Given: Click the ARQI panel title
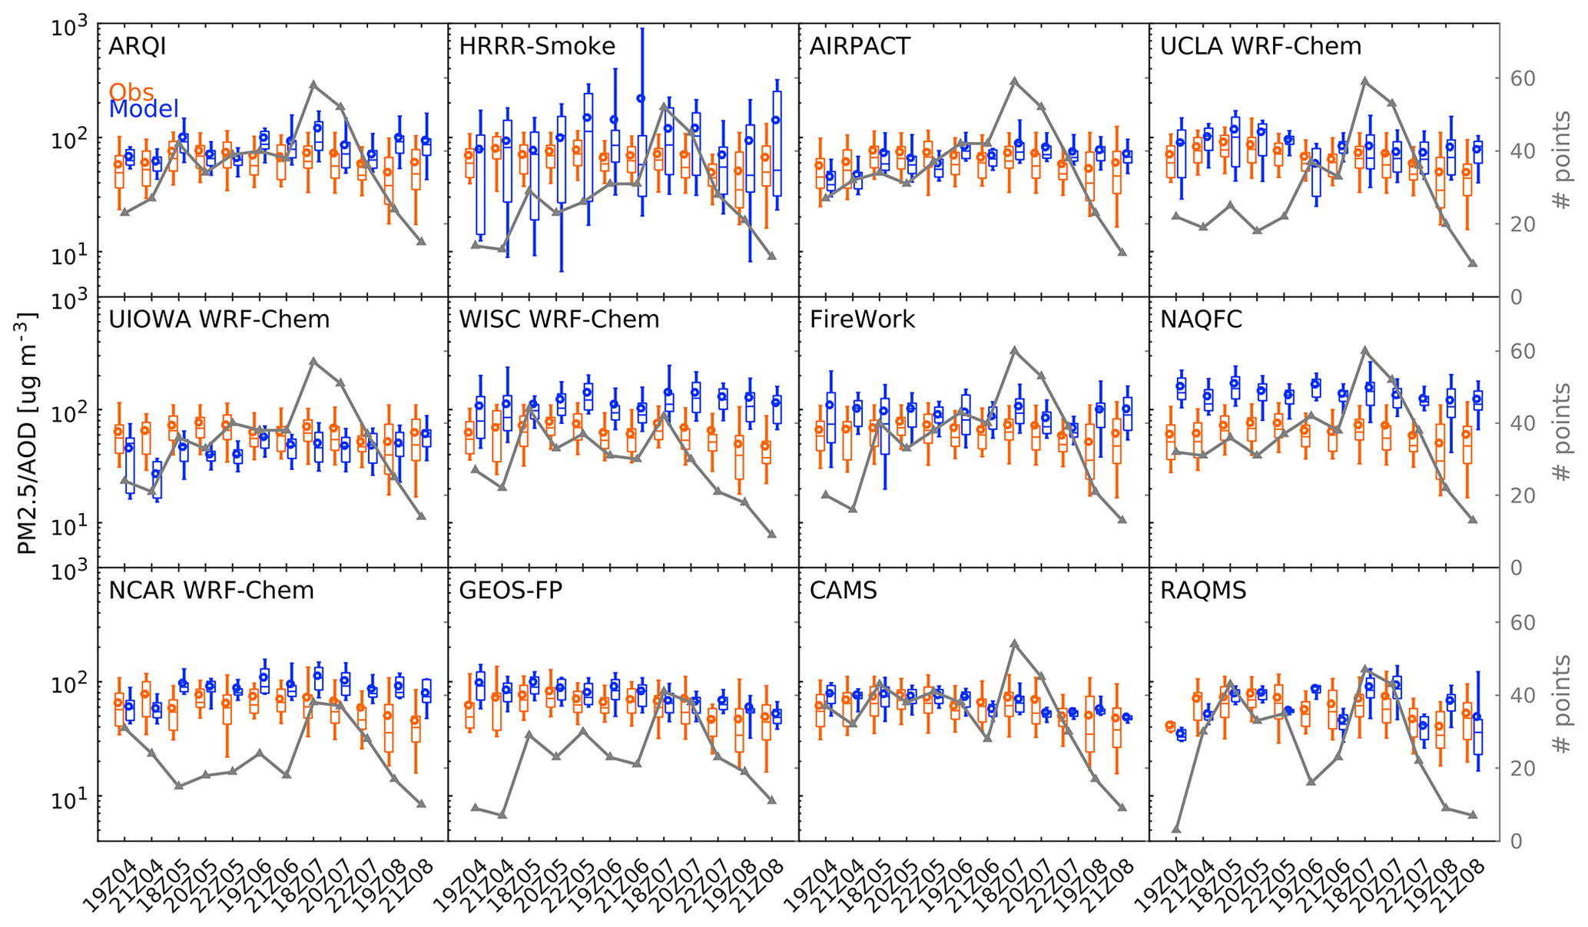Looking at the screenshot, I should (138, 47).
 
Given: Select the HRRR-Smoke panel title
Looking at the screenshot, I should (537, 47).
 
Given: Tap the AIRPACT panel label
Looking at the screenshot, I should (860, 47).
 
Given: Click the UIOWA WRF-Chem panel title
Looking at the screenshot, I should (219, 319).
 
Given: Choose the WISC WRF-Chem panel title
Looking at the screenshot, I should (559, 319).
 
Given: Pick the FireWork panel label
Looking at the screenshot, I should (862, 319).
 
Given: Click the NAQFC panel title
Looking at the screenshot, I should (1201, 319).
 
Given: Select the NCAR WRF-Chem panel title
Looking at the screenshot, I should (211, 591).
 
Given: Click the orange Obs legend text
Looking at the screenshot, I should (131, 92).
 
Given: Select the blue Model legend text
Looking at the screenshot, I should (144, 110).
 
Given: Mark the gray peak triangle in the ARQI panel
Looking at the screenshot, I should (313, 84).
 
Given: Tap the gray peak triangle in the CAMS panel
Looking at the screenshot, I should (1014, 643).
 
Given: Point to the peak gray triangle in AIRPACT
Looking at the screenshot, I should (1014, 80).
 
